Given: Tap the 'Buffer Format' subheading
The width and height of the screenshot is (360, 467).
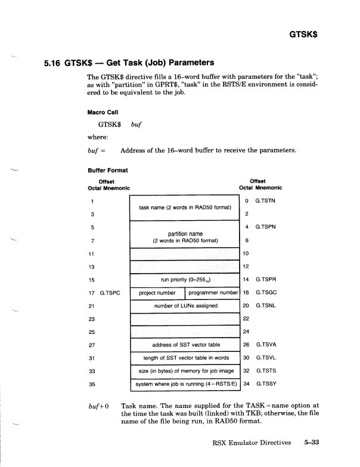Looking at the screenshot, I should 107,170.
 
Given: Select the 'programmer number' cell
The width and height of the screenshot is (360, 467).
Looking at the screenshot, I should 213,293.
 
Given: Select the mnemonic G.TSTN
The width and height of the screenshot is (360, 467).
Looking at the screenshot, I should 266,201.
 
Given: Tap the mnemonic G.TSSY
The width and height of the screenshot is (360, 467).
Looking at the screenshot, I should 266,384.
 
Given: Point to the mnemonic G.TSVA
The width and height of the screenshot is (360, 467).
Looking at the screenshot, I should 266,345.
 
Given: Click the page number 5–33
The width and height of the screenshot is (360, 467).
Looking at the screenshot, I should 312,443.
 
